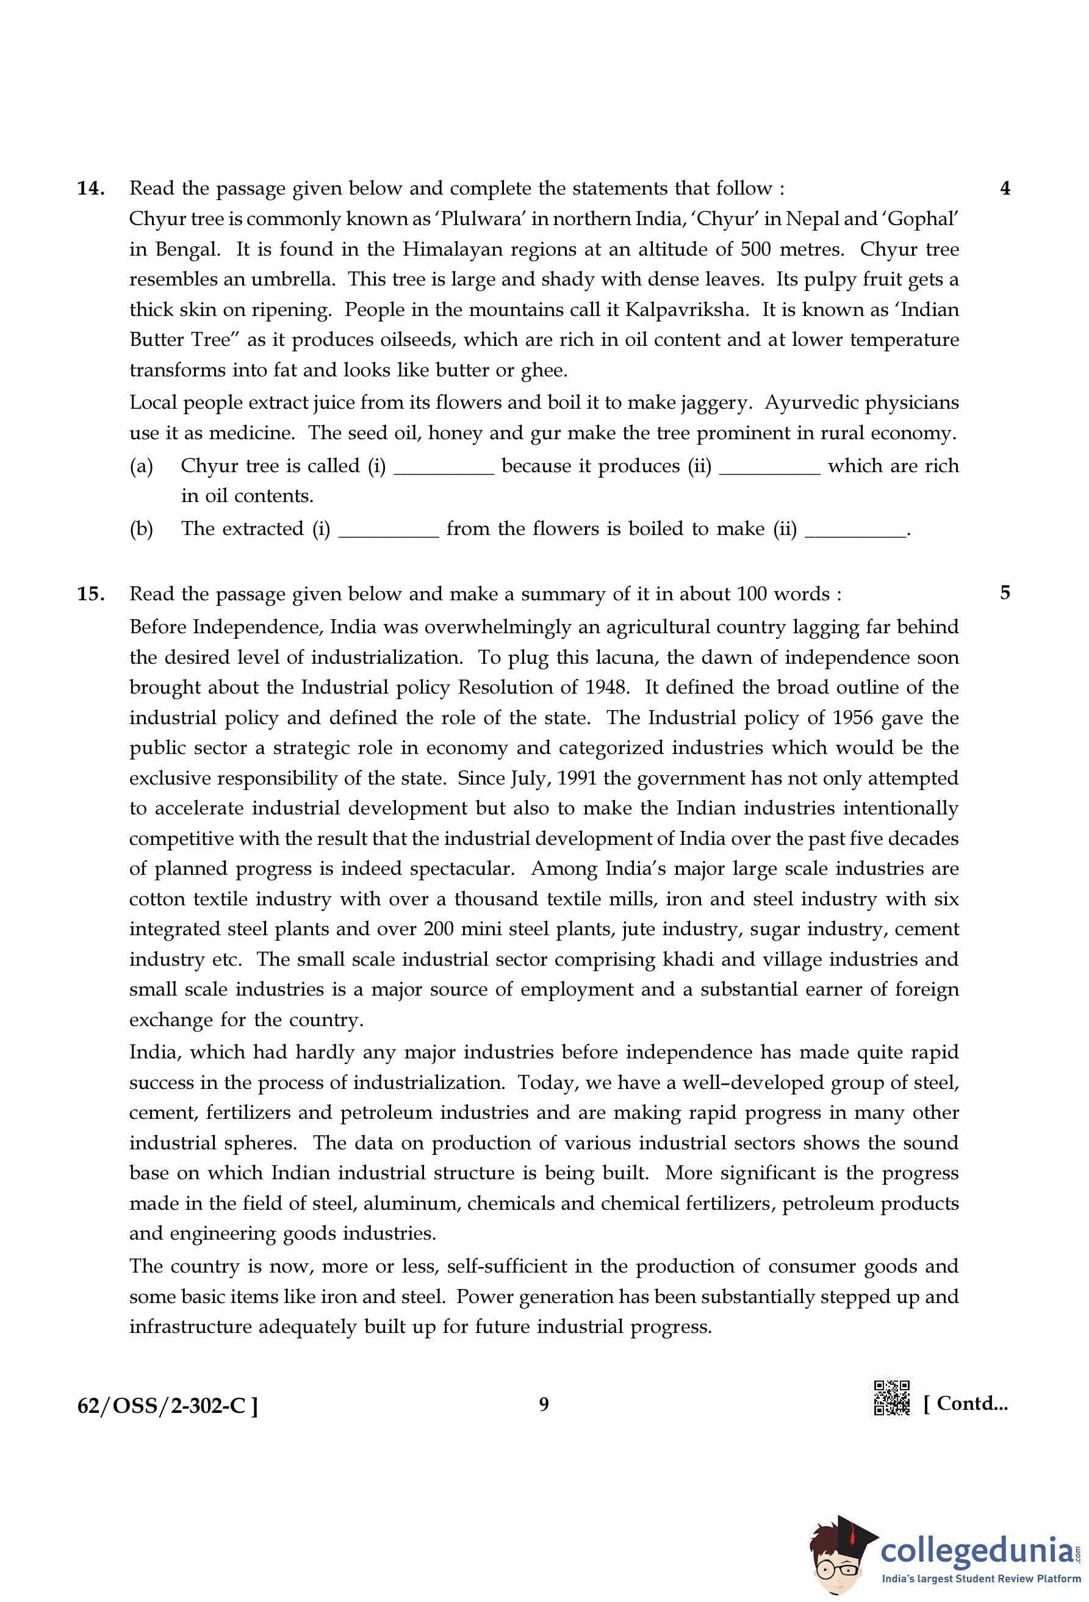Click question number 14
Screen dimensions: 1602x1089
point(90,188)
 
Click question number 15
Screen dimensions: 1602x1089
point(90,594)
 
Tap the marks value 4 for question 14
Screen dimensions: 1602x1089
point(1005,188)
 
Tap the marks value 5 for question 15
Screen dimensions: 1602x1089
point(1005,593)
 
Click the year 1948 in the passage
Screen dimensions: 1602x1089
point(606,688)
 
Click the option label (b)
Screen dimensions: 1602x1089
point(142,529)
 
